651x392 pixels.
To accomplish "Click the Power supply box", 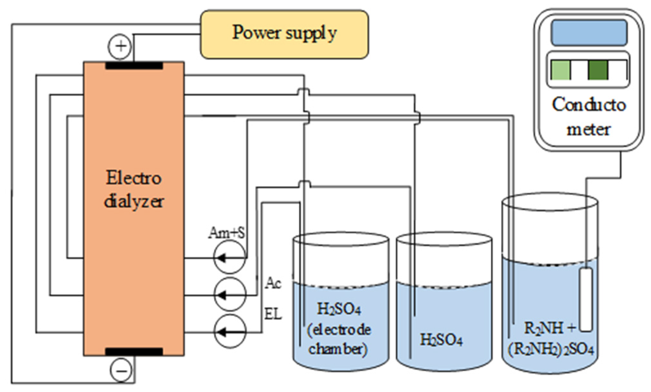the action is click(x=284, y=34).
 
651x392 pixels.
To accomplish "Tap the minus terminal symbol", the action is click(x=121, y=370).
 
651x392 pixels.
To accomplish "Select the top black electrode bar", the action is click(x=134, y=66).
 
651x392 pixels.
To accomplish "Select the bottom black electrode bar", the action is click(x=134, y=352).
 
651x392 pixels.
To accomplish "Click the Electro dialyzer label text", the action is click(x=134, y=190).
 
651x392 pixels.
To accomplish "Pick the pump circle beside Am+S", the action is click(x=230, y=257).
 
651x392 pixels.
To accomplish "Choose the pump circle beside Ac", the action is click(x=230, y=294).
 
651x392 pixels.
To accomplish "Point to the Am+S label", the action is click(x=227, y=232).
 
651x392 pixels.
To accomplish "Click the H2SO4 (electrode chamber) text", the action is click(x=339, y=329).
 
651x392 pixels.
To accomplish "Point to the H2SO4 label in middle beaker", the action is click(x=442, y=340).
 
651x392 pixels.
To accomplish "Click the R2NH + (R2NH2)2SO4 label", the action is click(x=551, y=338).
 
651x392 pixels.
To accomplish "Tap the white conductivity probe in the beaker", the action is click(x=586, y=300).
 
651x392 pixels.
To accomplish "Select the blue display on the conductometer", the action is click(x=589, y=33).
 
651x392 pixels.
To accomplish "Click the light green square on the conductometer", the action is click(x=561, y=70).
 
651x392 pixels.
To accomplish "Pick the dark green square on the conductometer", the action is click(x=598, y=70).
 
